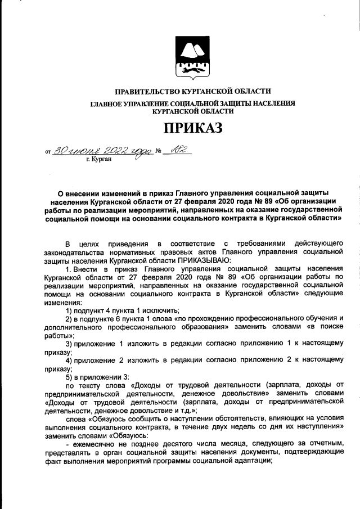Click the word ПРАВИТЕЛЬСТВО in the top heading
coord(146,91)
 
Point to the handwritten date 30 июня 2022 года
coord(102,150)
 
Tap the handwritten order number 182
coord(179,149)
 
